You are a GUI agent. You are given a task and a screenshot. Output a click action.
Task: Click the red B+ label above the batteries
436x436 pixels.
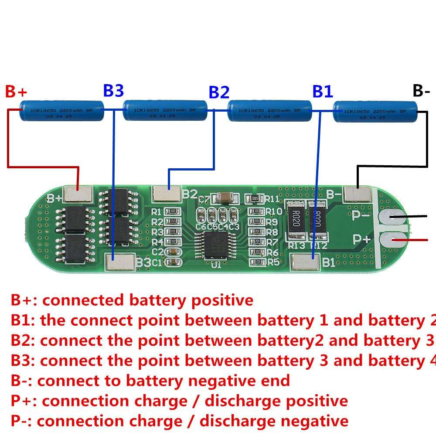coord(16,92)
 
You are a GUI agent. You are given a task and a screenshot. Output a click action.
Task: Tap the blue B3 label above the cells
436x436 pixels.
coord(113,91)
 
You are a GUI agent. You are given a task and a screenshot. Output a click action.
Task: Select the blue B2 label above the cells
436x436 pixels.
coord(219,92)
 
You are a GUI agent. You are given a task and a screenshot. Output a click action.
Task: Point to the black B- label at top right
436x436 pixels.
coord(421,91)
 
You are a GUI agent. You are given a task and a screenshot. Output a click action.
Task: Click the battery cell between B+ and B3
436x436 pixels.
coord(61,111)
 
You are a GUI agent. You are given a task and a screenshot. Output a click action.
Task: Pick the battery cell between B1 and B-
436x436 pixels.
coord(375,112)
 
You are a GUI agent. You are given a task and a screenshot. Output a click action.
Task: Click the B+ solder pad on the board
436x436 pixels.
coord(78,194)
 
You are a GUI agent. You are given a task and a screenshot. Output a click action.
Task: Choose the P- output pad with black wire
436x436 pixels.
coord(395,217)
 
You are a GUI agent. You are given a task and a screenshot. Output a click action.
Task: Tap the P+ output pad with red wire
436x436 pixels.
coord(395,239)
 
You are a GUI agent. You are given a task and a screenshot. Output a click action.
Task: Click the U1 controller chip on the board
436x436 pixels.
coord(215,246)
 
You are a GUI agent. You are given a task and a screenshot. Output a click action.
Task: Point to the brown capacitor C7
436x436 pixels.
coord(225,198)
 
